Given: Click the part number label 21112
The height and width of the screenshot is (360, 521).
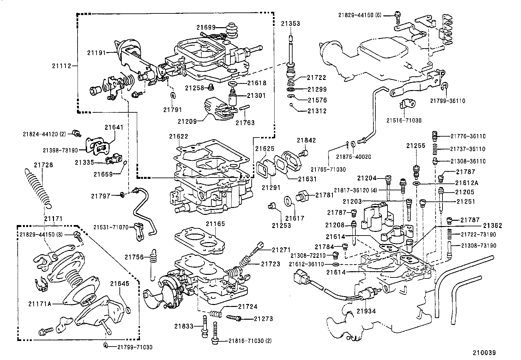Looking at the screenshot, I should click(61, 66).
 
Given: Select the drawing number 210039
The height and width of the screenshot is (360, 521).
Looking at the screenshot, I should click(484, 353).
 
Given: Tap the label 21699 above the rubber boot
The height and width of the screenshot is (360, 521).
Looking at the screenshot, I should click(206, 28).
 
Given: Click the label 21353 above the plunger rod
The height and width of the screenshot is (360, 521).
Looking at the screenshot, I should click(290, 24).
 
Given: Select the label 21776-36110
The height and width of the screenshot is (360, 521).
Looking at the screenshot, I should click(468, 136).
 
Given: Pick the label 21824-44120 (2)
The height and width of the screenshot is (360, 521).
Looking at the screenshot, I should click(45, 134).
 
